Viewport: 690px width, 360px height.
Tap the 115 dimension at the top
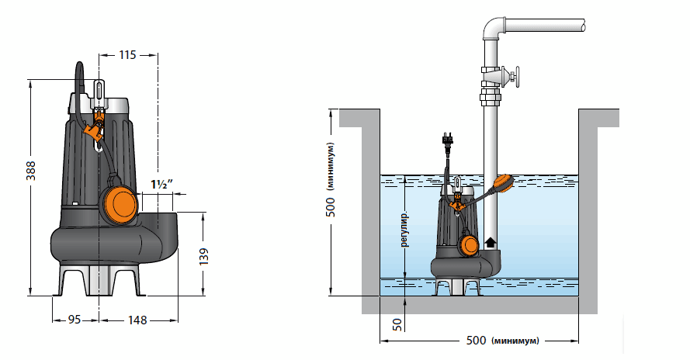point(128,55)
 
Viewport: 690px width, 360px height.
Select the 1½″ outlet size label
point(161,184)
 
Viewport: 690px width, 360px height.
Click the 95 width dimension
point(75,319)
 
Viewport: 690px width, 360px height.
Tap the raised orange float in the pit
point(504,182)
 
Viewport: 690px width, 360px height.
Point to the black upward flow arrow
point(489,242)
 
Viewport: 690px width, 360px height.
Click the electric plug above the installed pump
point(448,140)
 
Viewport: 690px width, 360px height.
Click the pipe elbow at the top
point(494,31)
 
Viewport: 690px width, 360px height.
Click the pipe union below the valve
point(491,99)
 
